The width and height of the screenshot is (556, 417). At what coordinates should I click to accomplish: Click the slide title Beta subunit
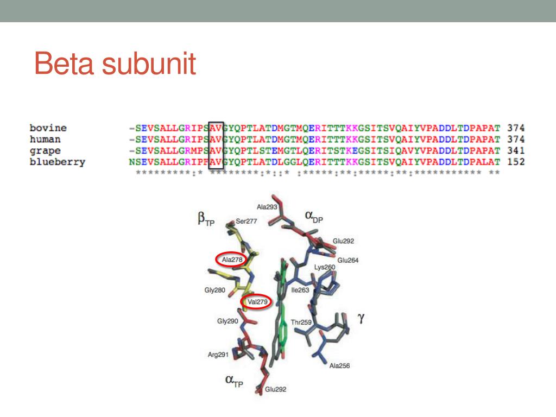[115, 64]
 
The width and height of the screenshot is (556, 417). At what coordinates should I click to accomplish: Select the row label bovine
[48, 128]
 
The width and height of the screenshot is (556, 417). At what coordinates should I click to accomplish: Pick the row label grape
[45, 150]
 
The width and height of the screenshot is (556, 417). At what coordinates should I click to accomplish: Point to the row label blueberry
[57, 161]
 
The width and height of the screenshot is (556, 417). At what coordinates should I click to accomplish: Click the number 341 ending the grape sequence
[515, 150]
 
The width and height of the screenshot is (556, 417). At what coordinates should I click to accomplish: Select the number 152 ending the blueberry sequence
[515, 161]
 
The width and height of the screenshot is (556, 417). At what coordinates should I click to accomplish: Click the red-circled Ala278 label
[232, 260]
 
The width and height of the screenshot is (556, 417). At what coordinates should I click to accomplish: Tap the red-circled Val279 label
[256, 302]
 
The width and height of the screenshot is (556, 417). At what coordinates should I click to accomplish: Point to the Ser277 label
[246, 221]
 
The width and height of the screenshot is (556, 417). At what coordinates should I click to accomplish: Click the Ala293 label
[267, 207]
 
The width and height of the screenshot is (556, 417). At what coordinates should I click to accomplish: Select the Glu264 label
[348, 260]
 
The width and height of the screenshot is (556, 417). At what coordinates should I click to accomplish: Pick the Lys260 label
[325, 267]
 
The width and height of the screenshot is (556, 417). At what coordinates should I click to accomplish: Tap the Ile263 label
[300, 290]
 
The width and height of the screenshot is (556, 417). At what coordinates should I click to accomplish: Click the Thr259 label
[301, 322]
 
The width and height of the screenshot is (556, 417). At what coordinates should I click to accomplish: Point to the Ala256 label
[339, 365]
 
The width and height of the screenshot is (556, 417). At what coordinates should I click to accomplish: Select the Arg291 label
[218, 355]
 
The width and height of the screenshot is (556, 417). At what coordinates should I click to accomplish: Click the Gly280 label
[214, 290]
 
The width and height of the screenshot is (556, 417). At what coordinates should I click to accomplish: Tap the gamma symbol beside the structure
[360, 318]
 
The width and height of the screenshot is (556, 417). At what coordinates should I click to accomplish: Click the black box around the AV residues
[216, 145]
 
